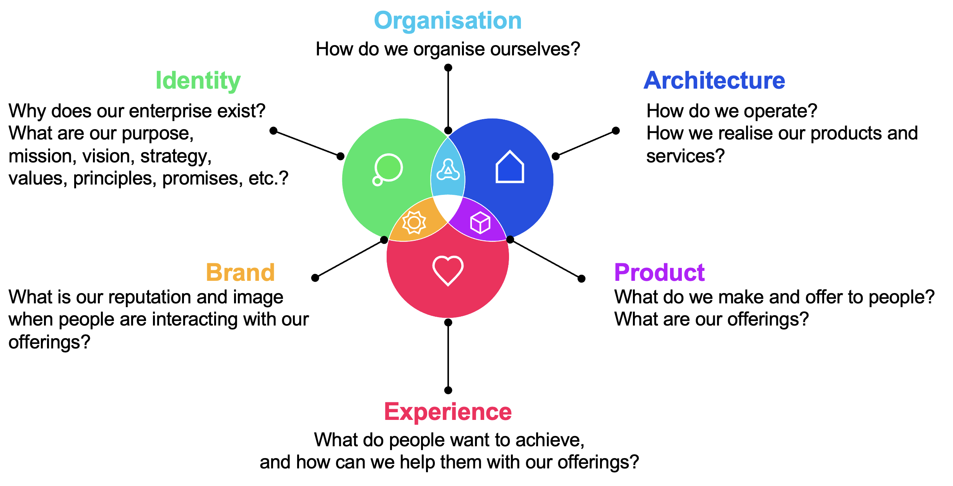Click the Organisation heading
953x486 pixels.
pos(447,21)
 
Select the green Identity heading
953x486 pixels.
pos(198,81)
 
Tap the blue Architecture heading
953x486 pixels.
pos(714,81)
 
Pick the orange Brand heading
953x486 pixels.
pos(240,272)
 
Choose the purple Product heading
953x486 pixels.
pos(659,272)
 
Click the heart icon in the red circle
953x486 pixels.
pos(448,271)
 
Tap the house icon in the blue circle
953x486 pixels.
pos(510,167)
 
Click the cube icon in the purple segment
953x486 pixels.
pos(480,222)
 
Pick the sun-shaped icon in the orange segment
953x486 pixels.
pos(414,222)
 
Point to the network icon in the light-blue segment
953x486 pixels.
pos(448,170)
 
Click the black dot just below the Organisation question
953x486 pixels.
pos(448,68)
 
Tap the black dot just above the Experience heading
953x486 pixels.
pos(448,390)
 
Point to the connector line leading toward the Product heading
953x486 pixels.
pos(546,259)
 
